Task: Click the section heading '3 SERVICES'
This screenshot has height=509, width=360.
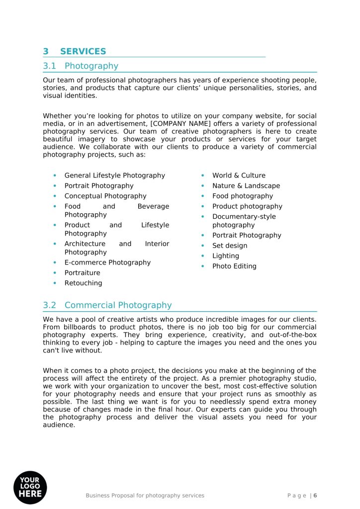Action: pyautogui.click(x=75, y=52)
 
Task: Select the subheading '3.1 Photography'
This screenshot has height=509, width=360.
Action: pyautogui.click(x=81, y=66)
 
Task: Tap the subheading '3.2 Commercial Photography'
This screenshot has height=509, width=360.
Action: pyautogui.click(x=107, y=305)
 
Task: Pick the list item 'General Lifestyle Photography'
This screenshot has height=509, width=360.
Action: pyautogui.click(x=114, y=175)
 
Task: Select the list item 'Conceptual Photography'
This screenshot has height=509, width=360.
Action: pyautogui.click(x=105, y=196)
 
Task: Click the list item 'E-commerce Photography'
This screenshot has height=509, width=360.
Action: pyautogui.click(x=107, y=262)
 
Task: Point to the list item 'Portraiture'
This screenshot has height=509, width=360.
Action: pyautogui.click(x=82, y=273)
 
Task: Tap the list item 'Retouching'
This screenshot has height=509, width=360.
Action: pyautogui.click(x=83, y=283)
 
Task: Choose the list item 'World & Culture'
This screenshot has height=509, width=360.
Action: pyautogui.click(x=239, y=175)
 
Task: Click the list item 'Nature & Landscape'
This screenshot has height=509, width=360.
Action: pyautogui.click(x=246, y=186)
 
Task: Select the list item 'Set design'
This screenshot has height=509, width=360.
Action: pyautogui.click(x=230, y=246)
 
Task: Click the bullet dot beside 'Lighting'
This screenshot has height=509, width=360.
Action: pyautogui.click(x=202, y=256)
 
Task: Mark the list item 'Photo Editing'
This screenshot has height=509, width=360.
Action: pyautogui.click(x=234, y=266)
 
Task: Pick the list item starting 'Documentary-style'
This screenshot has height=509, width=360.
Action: pyautogui.click(x=244, y=217)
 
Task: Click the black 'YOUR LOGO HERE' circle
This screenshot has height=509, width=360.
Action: pyautogui.click(x=30, y=487)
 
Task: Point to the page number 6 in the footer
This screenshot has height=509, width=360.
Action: pyautogui.click(x=315, y=496)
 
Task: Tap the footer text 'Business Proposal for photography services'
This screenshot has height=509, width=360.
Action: pyautogui.click(x=145, y=496)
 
